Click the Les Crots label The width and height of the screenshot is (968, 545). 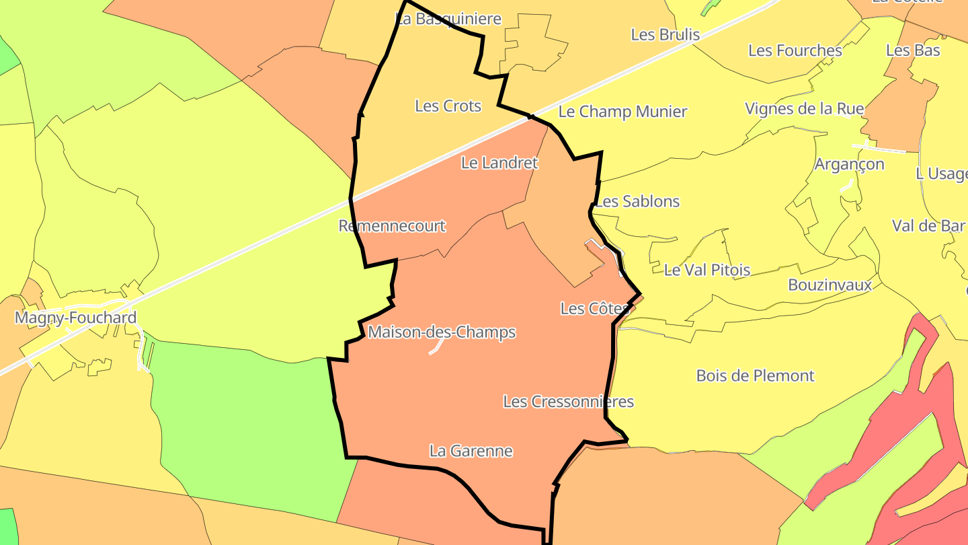(448, 106)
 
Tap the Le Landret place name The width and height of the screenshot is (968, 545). (499, 163)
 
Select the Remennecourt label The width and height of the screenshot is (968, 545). (392, 226)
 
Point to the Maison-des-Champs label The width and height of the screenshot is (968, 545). (442, 332)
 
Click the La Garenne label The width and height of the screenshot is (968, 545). (471, 451)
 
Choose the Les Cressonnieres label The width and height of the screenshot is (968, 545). (569, 402)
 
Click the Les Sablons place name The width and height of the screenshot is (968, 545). (638, 201)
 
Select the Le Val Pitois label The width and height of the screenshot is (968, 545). (707, 270)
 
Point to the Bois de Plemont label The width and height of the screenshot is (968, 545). (756, 375)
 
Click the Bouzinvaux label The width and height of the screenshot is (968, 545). (830, 285)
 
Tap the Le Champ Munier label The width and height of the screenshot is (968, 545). (623, 112)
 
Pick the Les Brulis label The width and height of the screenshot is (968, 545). (665, 35)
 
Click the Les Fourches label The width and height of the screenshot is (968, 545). (795, 50)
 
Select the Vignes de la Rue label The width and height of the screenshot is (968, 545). (805, 108)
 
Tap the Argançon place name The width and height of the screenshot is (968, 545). (850, 164)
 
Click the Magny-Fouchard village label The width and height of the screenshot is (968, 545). (76, 318)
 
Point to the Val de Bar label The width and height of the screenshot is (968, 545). (928, 226)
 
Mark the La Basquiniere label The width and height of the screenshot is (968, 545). (449, 19)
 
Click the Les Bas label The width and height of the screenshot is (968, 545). (914, 50)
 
